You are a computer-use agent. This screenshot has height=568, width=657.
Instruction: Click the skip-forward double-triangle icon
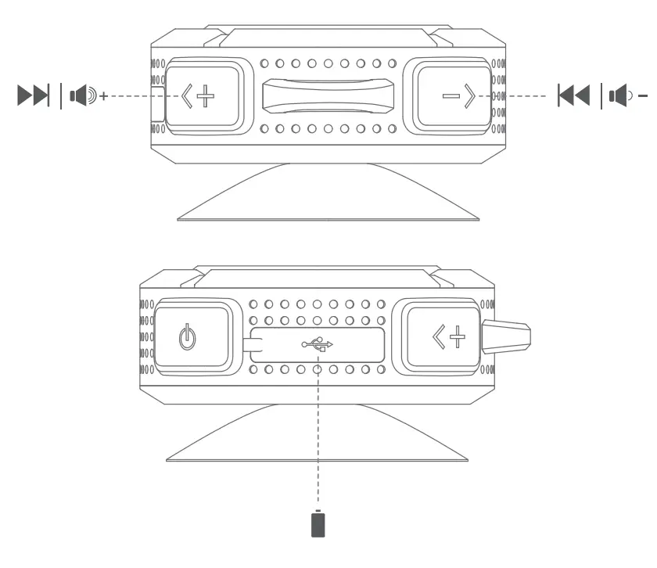(34, 95)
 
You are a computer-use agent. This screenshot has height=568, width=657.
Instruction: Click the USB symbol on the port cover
(318, 343)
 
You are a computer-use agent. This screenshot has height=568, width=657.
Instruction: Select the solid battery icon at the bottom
(318, 524)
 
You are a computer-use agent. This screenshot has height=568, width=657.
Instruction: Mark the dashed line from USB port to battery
(318, 438)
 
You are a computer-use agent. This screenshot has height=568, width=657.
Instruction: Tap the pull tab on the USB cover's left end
(252, 343)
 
